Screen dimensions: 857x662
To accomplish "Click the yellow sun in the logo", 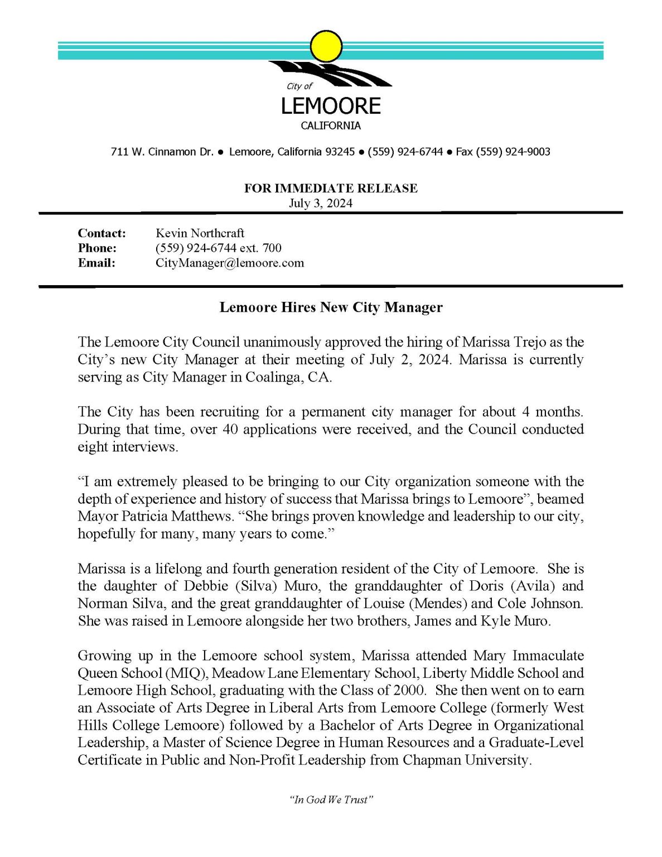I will pos(326,46).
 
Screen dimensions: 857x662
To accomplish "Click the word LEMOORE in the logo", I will pos(331,106).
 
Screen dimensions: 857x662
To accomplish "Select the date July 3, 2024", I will pos(321,203).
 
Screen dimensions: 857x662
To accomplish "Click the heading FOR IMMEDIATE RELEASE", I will pos(331,188).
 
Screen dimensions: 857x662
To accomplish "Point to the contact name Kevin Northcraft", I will pos(200,233).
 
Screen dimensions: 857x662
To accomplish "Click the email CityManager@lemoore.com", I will pos(230,263).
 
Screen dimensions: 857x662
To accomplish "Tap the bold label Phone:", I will pos(97,248).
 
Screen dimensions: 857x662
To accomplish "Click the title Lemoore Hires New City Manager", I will pos(331,307).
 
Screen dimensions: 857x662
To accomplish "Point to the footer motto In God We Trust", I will pos(331,800).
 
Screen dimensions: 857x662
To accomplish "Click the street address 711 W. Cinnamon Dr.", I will pos(162,152).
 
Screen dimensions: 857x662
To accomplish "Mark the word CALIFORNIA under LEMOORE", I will pos(331,126).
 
